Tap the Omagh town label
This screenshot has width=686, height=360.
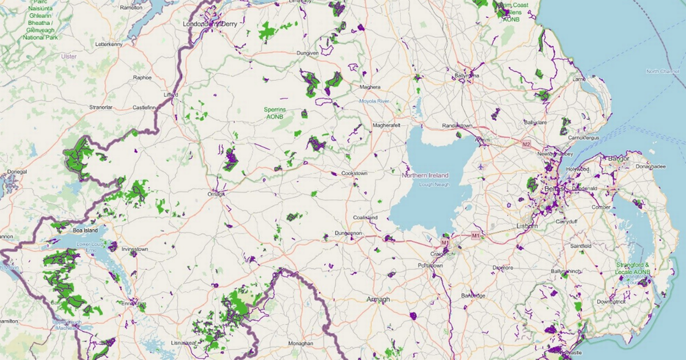(x=216, y=194)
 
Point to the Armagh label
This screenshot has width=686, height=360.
(x=378, y=299)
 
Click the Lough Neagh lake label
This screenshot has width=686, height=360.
(x=426, y=185)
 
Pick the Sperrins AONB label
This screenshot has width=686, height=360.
(x=275, y=113)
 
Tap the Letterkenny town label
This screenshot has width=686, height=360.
(x=109, y=44)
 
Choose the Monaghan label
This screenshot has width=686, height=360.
(x=301, y=343)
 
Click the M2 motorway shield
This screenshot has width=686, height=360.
(x=527, y=145)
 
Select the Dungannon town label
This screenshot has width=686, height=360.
(x=349, y=233)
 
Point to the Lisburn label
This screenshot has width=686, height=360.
(x=527, y=226)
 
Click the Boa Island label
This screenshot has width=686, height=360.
(x=86, y=230)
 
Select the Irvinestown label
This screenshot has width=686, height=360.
(x=135, y=250)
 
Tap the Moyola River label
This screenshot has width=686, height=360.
(x=374, y=101)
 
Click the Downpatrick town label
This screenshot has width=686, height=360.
(x=610, y=301)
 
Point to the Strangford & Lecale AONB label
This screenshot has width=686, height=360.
(x=633, y=269)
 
